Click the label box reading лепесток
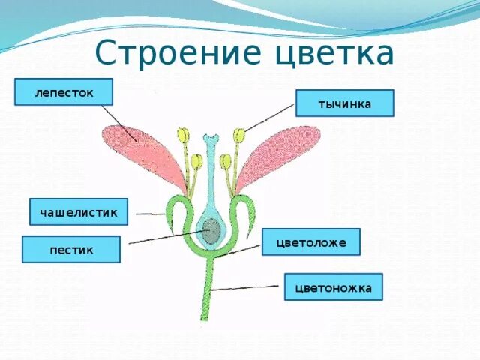tap(64, 92)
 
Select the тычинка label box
tap(344, 103)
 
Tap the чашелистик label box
tap(79, 212)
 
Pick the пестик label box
tap(71, 249)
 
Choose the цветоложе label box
tap(310, 242)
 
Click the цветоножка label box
tap(333, 286)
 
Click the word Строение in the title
tap(170, 54)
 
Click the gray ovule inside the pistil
tap(211, 231)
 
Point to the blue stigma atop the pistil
tap(213, 139)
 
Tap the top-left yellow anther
tap(183, 135)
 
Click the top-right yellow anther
tap(239, 136)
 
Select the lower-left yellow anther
tap(196, 160)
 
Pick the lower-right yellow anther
tap(226, 160)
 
